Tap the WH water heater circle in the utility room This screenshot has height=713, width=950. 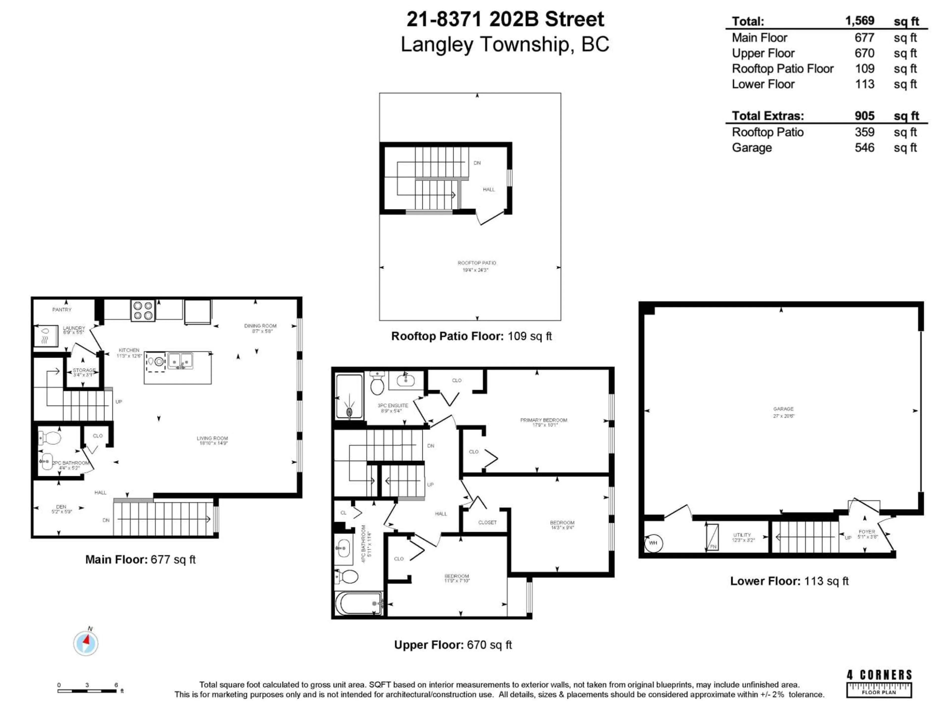(653, 543)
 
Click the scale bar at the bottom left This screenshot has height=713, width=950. (87, 691)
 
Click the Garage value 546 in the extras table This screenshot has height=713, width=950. (864, 148)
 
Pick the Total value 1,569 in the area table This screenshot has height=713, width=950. (859, 21)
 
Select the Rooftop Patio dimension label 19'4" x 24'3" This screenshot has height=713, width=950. (475, 270)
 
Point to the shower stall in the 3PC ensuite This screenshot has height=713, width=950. (349, 396)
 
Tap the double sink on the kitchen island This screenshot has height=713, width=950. (180, 361)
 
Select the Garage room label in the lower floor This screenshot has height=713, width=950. (783, 409)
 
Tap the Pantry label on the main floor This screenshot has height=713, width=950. (62, 309)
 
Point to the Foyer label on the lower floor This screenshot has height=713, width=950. (866, 532)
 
